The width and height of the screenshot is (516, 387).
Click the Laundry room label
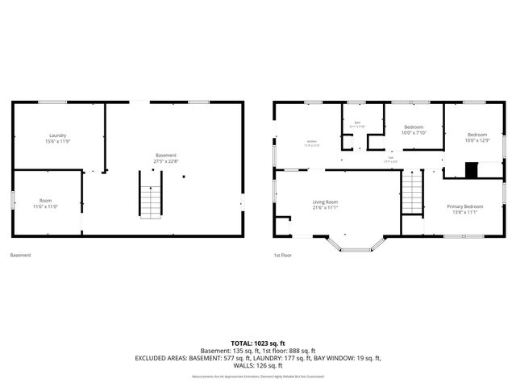click(57, 135)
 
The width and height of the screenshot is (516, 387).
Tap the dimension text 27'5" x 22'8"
click(166, 160)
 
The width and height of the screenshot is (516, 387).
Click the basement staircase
click(151, 200)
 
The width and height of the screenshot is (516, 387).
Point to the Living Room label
click(326, 202)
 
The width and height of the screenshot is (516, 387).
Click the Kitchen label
click(311, 143)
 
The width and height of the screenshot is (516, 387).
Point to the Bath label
click(356, 124)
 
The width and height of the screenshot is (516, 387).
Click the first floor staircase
click(412, 194)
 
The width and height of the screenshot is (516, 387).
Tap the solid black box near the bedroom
click(471, 170)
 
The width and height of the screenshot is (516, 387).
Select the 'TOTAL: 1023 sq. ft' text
click(257, 343)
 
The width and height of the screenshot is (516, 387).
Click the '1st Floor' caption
click(281, 256)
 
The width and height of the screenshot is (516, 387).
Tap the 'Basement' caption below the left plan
click(20, 256)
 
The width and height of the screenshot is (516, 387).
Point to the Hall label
click(390, 159)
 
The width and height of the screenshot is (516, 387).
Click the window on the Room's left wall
click(11, 199)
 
